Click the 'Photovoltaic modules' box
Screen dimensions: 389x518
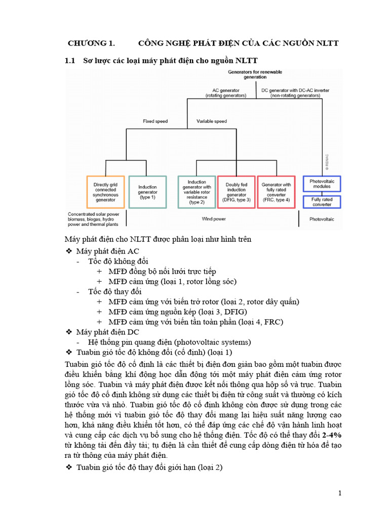click(x=322, y=183)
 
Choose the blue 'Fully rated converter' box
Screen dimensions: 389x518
click(x=322, y=202)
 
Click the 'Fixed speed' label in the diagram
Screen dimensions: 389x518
click(x=155, y=121)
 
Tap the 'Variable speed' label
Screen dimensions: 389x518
click(x=212, y=121)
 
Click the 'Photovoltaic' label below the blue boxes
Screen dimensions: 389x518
click(x=323, y=219)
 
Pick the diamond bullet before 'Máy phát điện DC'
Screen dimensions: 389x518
click(x=69, y=332)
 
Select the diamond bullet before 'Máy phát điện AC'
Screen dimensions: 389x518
click(x=69, y=251)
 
